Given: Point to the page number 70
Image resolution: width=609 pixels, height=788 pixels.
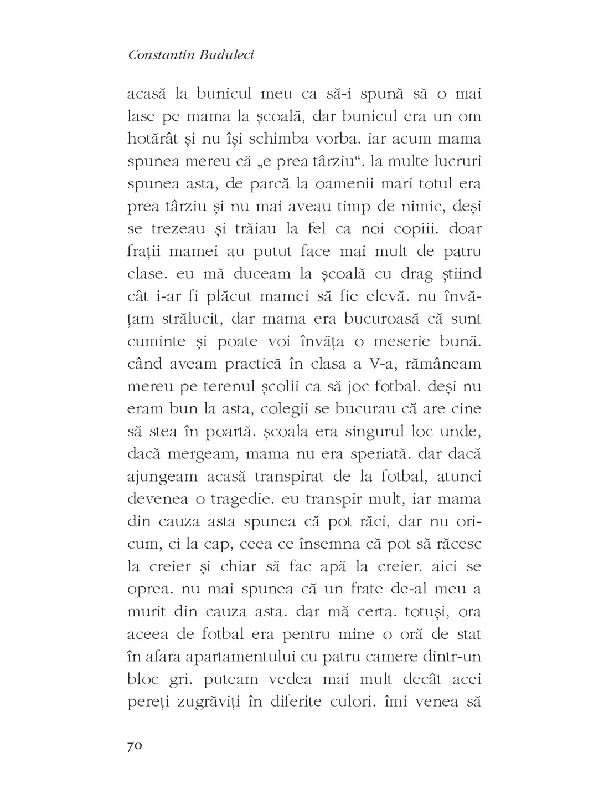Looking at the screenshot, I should click(x=135, y=746).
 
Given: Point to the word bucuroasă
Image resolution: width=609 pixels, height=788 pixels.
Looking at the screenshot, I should click(x=368, y=319).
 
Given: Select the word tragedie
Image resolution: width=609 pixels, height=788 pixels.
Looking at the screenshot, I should click(x=234, y=500).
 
